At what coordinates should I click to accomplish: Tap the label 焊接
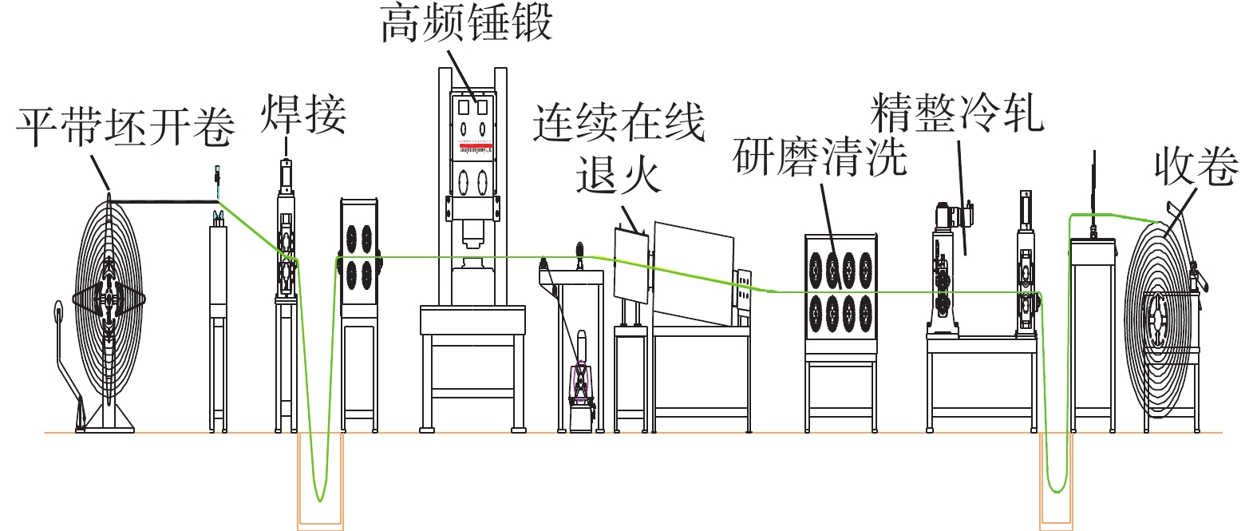(x=303, y=114)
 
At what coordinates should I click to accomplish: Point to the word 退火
(x=619, y=175)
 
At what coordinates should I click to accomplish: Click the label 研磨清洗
(x=820, y=156)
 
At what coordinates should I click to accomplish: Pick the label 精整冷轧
(x=958, y=113)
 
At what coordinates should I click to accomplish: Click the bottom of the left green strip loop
(x=320, y=499)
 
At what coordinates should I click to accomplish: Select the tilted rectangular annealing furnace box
(x=694, y=273)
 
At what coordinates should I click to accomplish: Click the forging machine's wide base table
(x=473, y=320)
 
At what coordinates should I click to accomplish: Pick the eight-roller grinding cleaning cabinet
(x=840, y=294)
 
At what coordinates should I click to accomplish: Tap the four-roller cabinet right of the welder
(x=359, y=257)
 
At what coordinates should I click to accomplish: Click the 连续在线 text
(x=619, y=122)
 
